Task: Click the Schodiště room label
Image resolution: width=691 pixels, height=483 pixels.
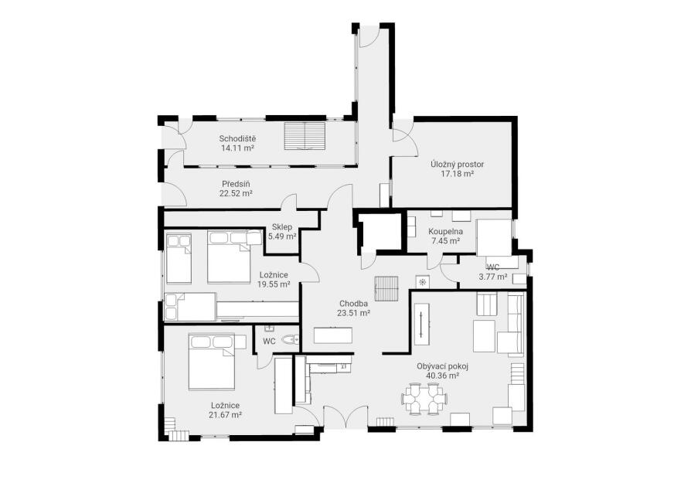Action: [x=237, y=139]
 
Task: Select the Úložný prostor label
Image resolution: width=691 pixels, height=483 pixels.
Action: [x=458, y=165]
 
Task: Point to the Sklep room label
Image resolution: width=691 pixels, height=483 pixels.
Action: [x=282, y=227]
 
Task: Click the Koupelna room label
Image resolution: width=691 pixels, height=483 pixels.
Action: [x=445, y=231]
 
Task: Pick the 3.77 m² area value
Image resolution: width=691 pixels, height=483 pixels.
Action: [x=492, y=277]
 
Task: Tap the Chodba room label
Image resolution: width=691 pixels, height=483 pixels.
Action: [x=353, y=304]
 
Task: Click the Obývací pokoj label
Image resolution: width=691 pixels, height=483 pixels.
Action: [x=442, y=366]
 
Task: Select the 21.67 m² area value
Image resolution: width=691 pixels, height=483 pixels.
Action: [x=226, y=415]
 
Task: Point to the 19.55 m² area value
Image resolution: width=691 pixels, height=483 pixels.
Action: [x=274, y=284]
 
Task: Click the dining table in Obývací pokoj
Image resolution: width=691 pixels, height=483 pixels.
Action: [x=425, y=399]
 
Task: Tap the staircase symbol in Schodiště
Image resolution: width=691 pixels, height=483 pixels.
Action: [x=305, y=136]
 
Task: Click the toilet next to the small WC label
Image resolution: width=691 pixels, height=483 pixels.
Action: [x=291, y=339]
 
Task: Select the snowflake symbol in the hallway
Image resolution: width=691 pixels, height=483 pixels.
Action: [x=422, y=281]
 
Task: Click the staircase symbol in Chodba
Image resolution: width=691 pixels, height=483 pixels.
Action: [x=386, y=288]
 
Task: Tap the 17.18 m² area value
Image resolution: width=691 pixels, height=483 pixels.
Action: [x=458, y=174]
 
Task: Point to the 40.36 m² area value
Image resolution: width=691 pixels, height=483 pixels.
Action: [x=442, y=376]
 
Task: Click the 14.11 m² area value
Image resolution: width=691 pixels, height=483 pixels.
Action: [x=237, y=148]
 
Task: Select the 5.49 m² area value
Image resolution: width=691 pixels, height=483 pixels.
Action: [x=282, y=236]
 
